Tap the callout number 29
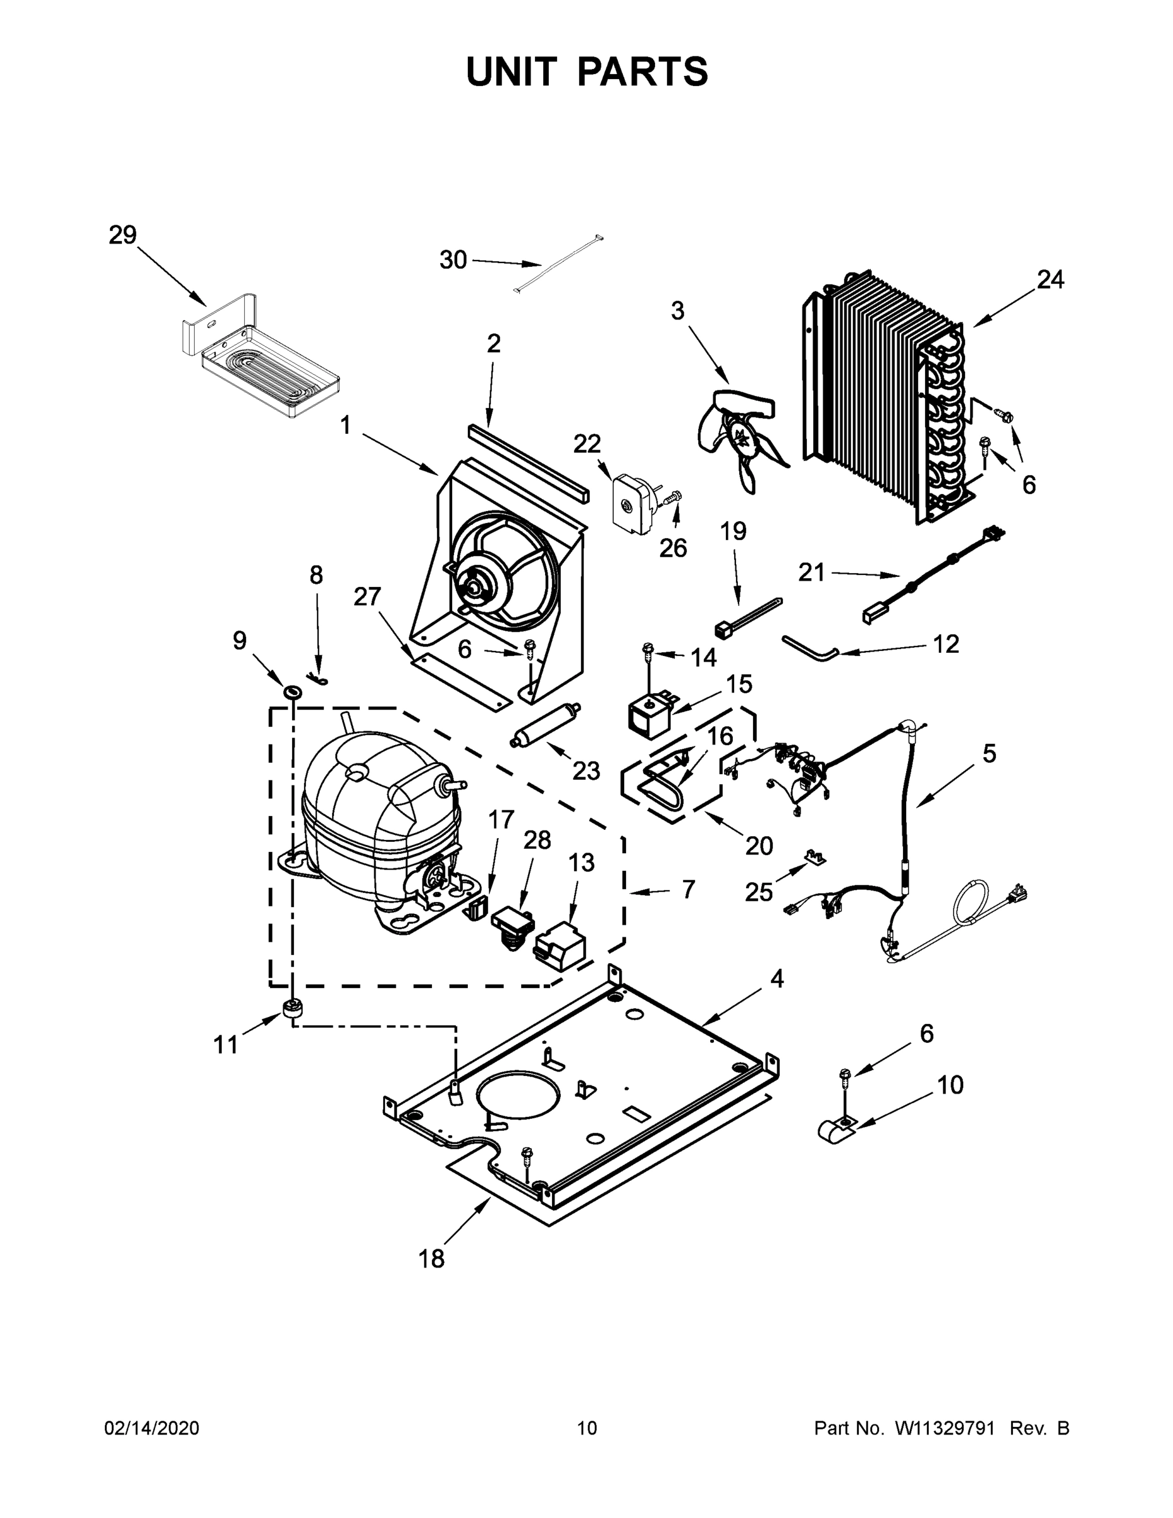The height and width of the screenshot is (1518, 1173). [x=123, y=236]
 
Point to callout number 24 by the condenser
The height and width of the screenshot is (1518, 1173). [x=1050, y=280]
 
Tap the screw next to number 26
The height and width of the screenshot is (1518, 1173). [x=673, y=497]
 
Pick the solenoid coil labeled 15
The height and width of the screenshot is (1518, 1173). [x=648, y=714]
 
